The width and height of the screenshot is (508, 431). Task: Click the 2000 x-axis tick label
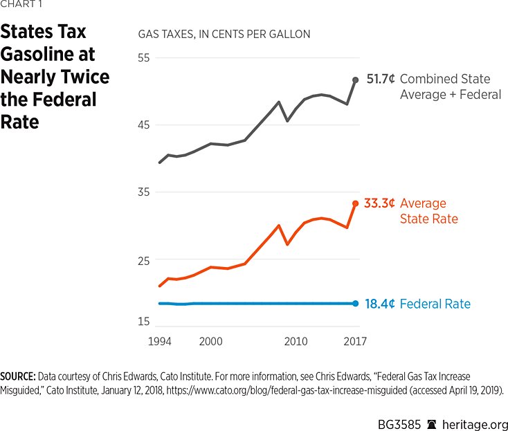pos(210,342)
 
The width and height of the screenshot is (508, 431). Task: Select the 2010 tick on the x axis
pos(296,342)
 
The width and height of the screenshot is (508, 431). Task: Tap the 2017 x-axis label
pos(354,342)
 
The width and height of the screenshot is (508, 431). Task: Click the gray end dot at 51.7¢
pos(356,80)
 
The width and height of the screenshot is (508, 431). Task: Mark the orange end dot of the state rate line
pos(356,203)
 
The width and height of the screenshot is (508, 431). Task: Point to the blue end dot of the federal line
pos(356,303)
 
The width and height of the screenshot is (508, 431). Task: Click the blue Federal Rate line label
pos(435,304)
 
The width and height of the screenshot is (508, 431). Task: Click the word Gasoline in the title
pos(47,54)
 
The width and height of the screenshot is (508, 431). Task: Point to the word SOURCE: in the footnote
pos(18,376)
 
